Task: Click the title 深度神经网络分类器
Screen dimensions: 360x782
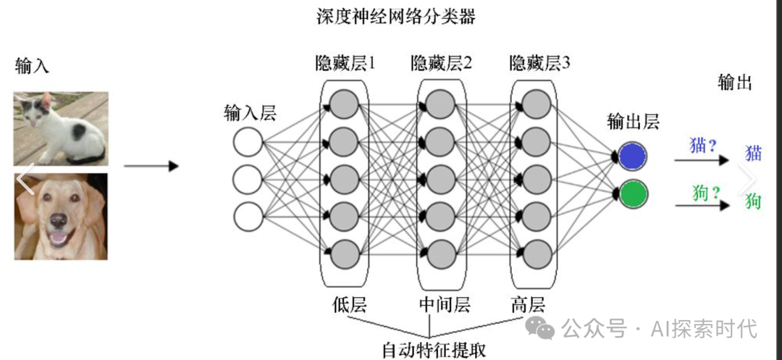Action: [x=396, y=16]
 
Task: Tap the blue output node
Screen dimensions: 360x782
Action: [x=633, y=156]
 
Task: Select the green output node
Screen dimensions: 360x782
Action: [x=633, y=194]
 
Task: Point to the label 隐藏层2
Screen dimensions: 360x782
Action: [x=441, y=63]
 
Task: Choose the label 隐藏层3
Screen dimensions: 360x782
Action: [x=539, y=63]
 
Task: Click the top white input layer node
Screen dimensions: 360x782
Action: [x=248, y=142]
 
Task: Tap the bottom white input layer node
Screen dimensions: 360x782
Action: [x=248, y=216]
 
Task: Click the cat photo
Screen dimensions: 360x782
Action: [x=61, y=128]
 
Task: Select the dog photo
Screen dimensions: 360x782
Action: [x=61, y=216]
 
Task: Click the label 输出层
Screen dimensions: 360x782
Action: [x=633, y=122]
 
